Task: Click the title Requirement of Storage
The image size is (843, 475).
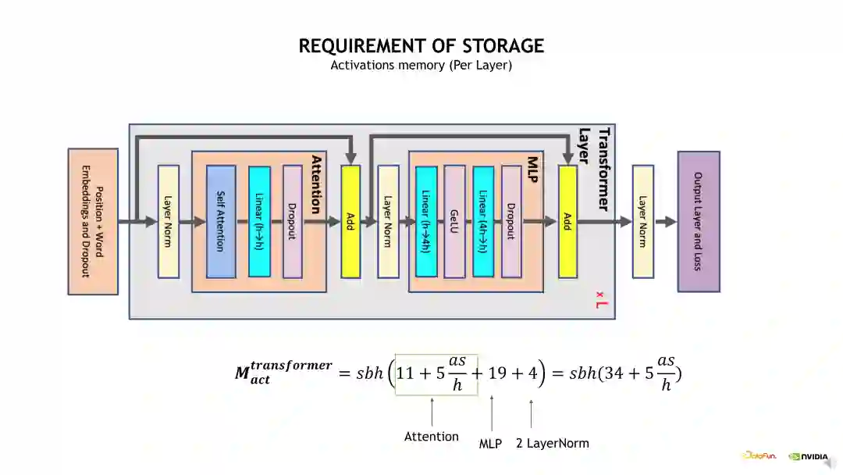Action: coord(421,46)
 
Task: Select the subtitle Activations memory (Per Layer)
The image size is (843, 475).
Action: coord(421,66)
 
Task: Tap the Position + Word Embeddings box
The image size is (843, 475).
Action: coord(93,221)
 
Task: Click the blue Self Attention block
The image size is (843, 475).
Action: coord(221,221)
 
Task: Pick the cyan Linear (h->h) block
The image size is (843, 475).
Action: coord(259,221)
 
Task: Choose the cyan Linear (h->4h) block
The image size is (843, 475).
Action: coord(426,221)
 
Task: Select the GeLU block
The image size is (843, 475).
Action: coord(454,221)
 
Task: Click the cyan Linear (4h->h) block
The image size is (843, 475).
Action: coord(483,221)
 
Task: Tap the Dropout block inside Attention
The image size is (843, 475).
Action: coord(292,221)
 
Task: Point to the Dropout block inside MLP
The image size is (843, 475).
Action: coord(511,221)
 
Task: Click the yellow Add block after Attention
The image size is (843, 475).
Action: coord(350,221)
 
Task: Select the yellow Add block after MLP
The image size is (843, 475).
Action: coord(567,221)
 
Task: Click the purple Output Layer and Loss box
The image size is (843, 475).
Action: coord(699,221)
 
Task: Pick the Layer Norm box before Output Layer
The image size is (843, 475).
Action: coord(642,221)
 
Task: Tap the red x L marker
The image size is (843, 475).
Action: coord(600,298)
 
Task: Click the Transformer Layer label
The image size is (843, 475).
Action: coord(594,169)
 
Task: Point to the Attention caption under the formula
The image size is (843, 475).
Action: coord(432,437)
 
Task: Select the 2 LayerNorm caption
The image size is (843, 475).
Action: coord(553,443)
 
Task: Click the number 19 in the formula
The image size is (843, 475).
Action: coord(498,373)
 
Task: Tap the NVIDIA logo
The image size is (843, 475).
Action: coord(808,456)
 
